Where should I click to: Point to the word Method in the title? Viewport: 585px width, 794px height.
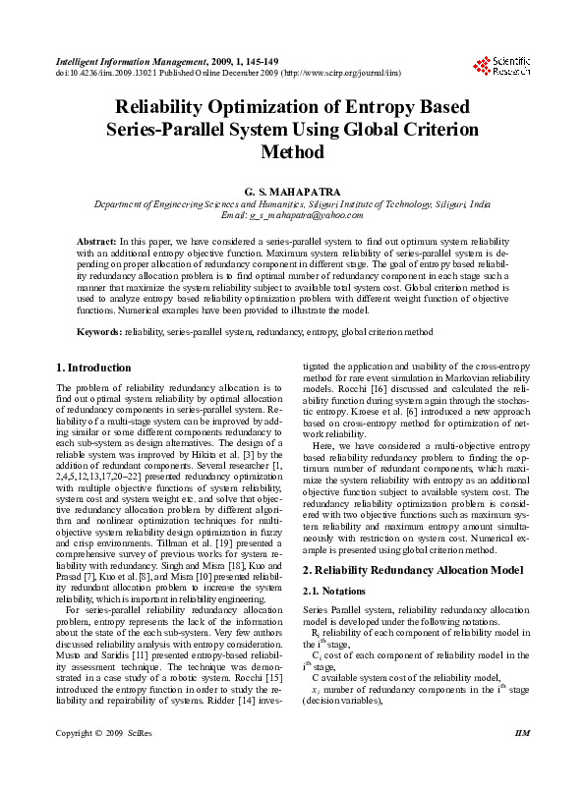[x=292, y=152]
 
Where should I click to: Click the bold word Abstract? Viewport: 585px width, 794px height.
[x=96, y=241]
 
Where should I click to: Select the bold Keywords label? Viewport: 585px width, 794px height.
[x=99, y=332]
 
